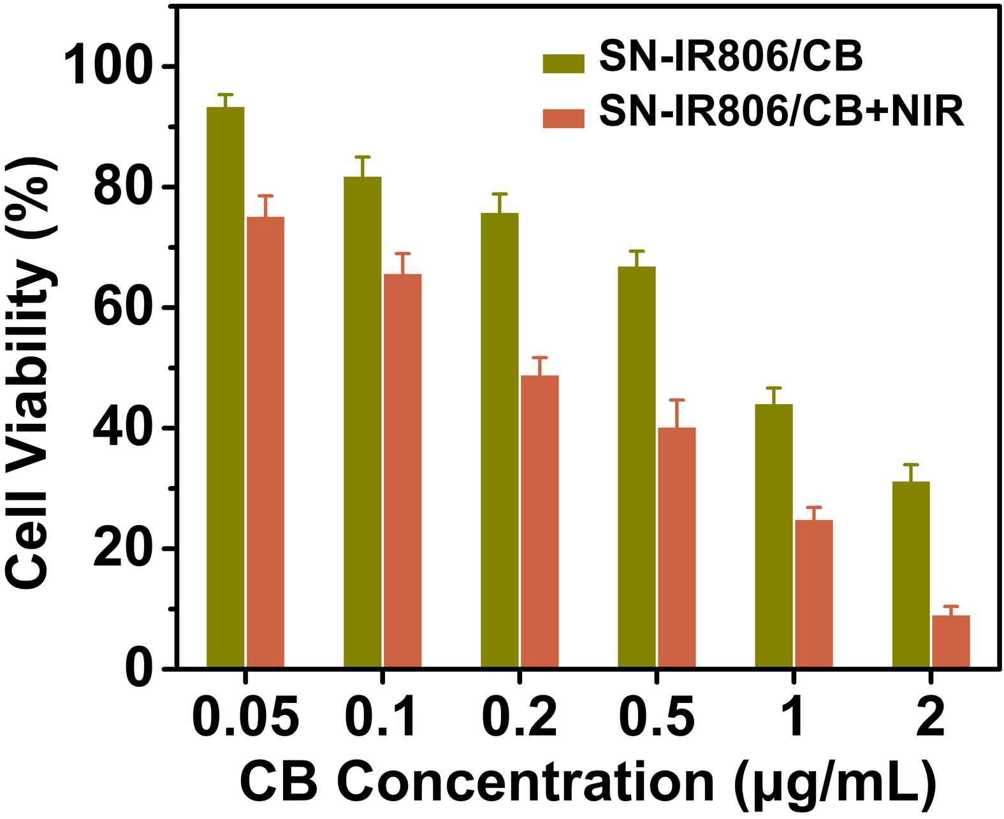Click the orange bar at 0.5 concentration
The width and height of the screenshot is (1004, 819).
point(677,547)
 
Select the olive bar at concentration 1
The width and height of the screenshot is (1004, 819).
point(774,536)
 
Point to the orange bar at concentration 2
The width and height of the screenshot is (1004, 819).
point(951,641)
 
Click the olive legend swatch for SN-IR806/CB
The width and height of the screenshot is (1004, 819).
point(564,63)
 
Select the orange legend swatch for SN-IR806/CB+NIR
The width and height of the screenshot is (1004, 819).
point(564,119)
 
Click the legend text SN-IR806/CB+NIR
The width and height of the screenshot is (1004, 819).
point(782,114)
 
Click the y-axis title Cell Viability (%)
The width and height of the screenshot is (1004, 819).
point(31,376)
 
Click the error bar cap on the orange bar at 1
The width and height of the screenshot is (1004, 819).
point(814,507)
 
